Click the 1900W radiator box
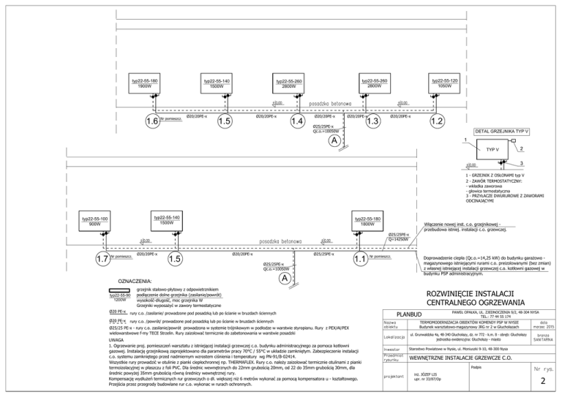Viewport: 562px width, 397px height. (x=144, y=83)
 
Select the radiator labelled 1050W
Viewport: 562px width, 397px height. (x=445, y=83)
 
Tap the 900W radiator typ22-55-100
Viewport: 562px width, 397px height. (x=95, y=222)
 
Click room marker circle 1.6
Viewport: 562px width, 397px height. (x=152, y=120)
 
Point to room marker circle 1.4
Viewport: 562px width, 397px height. (x=297, y=120)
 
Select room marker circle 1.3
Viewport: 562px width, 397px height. (x=372, y=120)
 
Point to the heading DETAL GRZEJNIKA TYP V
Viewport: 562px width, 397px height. (x=502, y=132)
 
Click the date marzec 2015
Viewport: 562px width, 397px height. (x=542, y=325)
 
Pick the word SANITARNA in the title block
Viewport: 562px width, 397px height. (x=542, y=340)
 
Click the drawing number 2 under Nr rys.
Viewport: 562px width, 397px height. (x=542, y=382)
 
